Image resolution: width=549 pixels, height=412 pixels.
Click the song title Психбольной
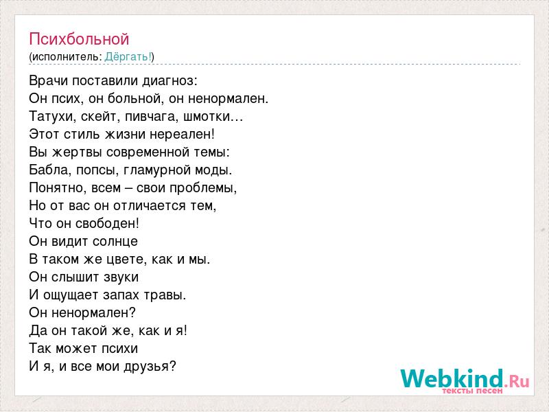(79, 39)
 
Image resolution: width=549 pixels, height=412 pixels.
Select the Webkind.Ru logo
(465, 381)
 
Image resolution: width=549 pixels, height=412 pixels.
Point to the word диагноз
(170, 81)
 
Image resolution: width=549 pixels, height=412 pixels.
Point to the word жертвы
(77, 152)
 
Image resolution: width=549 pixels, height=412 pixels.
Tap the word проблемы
(203, 188)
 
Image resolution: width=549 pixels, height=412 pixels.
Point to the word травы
(166, 295)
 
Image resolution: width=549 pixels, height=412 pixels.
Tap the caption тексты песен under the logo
(472, 390)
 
